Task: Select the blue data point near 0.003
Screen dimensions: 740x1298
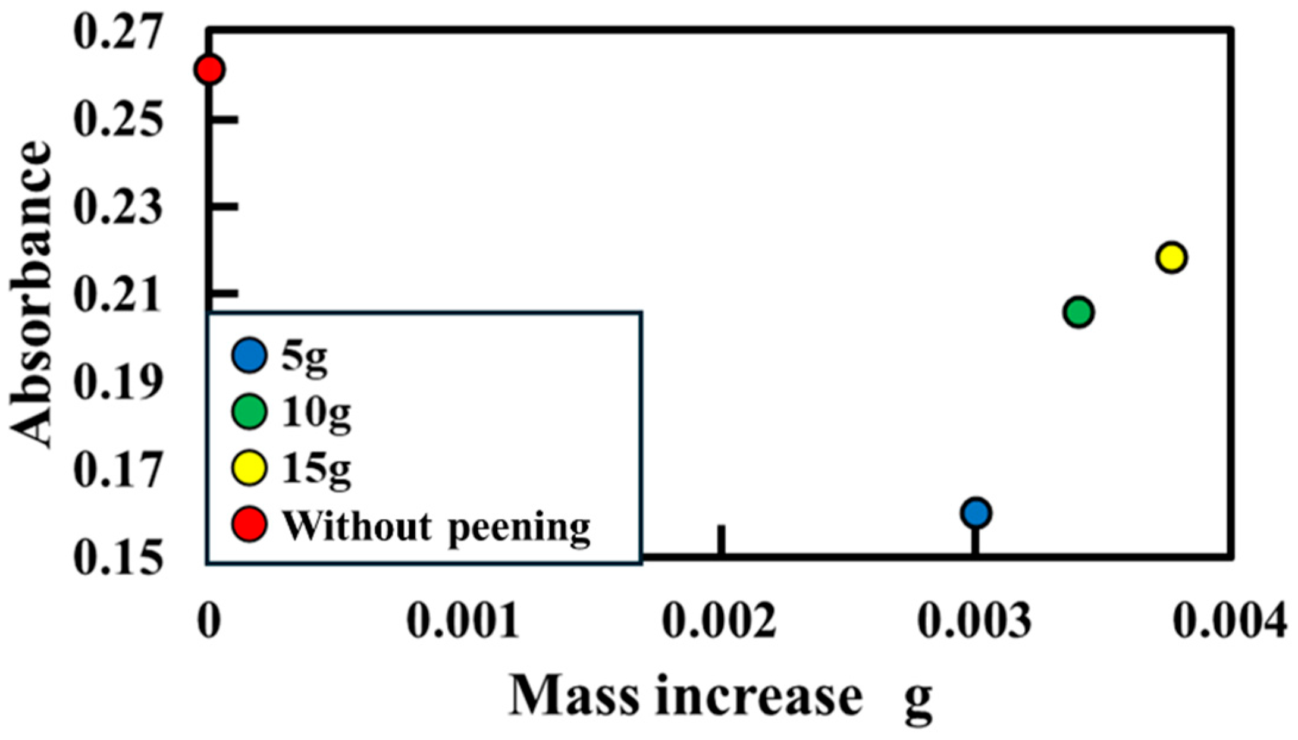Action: [x=976, y=513]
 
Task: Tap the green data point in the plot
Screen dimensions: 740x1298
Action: [x=1078, y=312]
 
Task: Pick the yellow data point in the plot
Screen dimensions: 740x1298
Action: [x=1171, y=258]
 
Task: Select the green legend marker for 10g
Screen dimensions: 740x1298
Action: [x=249, y=412]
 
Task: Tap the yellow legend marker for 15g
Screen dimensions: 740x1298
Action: [x=249, y=468]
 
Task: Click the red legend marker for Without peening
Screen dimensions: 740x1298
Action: [x=249, y=525]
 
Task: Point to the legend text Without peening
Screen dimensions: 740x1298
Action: [x=436, y=527]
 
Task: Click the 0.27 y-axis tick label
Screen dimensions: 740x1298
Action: [x=117, y=33]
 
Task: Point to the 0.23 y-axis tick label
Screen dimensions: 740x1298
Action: [x=117, y=207]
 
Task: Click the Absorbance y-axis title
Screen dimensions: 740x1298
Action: [x=31, y=294]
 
